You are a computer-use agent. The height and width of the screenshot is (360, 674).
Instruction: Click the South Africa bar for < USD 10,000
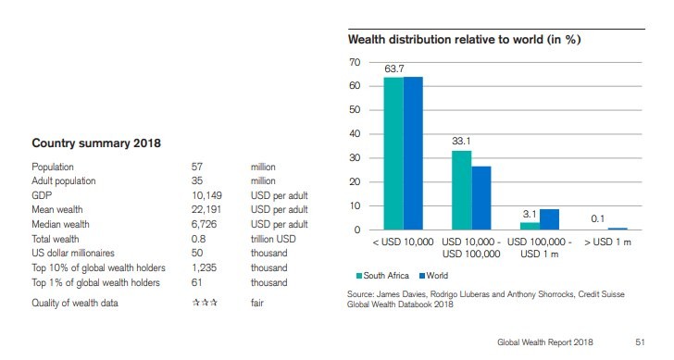pyautogui.click(x=393, y=153)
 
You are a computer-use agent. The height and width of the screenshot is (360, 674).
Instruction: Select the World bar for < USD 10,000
pyautogui.click(x=413, y=153)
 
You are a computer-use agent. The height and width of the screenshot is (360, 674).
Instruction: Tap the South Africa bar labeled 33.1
pyautogui.click(x=461, y=190)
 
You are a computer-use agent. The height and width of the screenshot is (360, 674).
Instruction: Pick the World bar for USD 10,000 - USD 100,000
pyautogui.click(x=481, y=197)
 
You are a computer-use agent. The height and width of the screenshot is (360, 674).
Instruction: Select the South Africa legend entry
pyautogui.click(x=382, y=276)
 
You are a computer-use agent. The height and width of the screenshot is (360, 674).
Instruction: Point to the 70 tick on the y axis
pyautogui.click(x=355, y=62)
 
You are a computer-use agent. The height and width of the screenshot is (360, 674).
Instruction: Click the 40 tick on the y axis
pyautogui.click(x=355, y=134)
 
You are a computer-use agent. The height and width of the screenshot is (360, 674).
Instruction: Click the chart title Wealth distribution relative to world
pyautogui.click(x=469, y=40)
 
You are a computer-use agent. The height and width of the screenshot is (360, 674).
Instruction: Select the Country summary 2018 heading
pyautogui.click(x=96, y=143)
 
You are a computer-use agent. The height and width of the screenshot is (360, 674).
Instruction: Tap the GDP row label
pyautogui.click(x=42, y=196)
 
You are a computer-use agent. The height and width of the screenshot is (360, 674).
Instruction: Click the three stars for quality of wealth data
pyautogui.click(x=205, y=303)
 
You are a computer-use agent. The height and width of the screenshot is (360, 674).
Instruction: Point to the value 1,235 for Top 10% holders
pyautogui.click(x=205, y=268)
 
